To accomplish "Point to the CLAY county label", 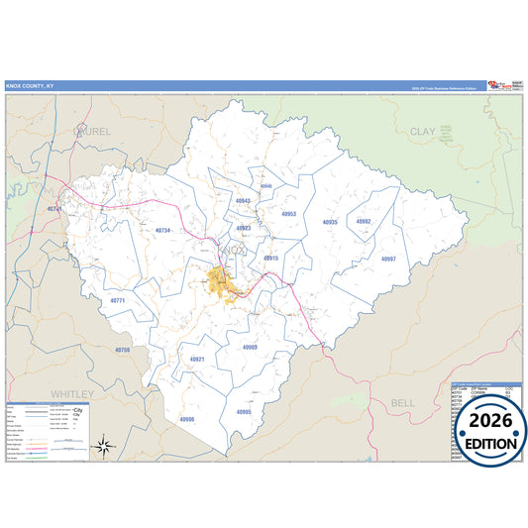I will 424,130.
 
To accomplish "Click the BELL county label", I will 403,403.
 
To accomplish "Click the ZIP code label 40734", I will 163,230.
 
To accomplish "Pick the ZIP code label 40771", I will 118,299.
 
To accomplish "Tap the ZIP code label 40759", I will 122,350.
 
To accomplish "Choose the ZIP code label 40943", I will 243,201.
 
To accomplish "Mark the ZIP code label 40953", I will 289,214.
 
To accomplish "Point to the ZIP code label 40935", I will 330,223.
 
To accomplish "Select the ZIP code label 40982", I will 364,222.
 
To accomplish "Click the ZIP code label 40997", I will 388,258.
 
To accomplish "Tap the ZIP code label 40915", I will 270,258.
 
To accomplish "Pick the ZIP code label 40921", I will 197,359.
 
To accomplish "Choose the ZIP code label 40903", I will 250,347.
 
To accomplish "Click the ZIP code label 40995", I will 244,411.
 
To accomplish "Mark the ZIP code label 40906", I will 187,419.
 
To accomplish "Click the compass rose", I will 103,448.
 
